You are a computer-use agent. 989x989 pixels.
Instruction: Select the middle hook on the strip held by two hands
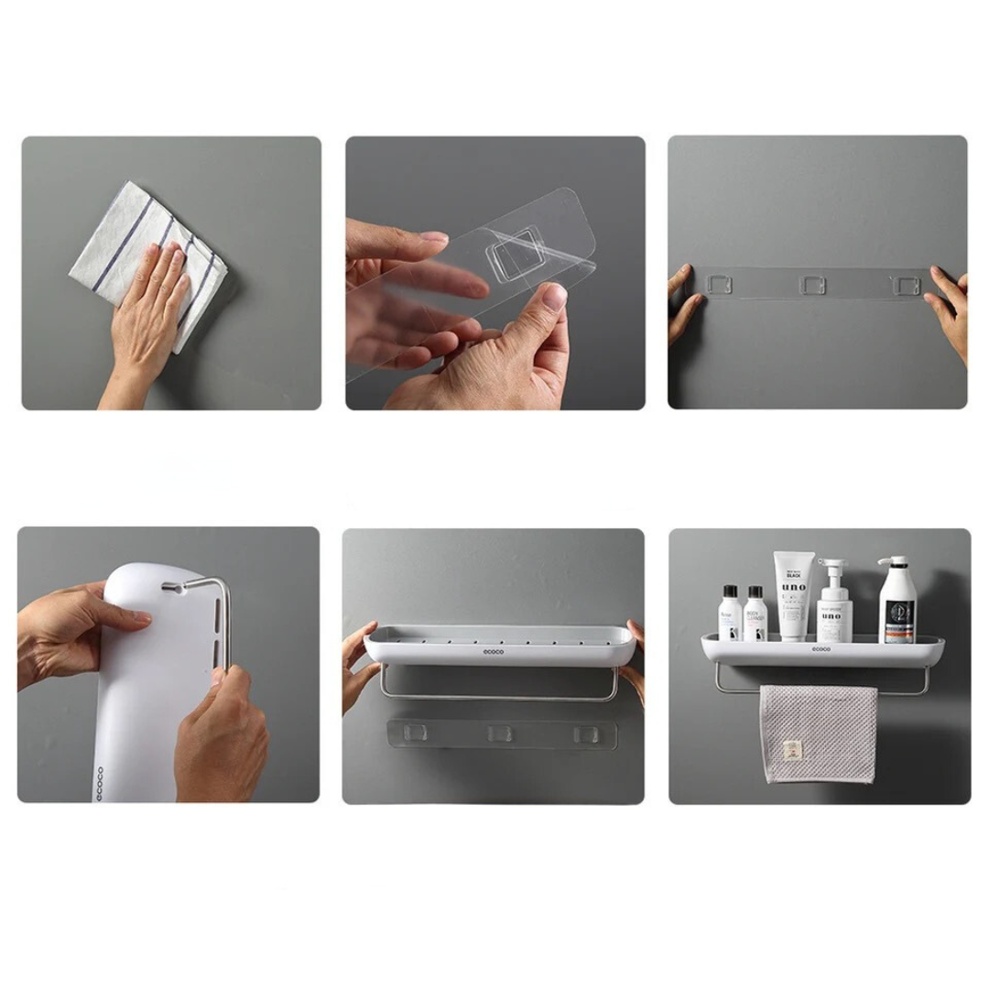[811, 285]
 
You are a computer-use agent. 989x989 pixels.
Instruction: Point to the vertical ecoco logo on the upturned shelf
[100, 783]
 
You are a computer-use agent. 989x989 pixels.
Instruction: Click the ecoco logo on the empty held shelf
[494, 652]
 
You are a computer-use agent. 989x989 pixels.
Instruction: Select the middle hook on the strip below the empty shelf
[499, 734]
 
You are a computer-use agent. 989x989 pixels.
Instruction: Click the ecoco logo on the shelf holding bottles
[821, 649]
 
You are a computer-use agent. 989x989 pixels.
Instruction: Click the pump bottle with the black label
[897, 603]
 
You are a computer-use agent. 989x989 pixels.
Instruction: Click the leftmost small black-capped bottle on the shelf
[729, 614]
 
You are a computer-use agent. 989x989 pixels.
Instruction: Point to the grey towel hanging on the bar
[817, 733]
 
